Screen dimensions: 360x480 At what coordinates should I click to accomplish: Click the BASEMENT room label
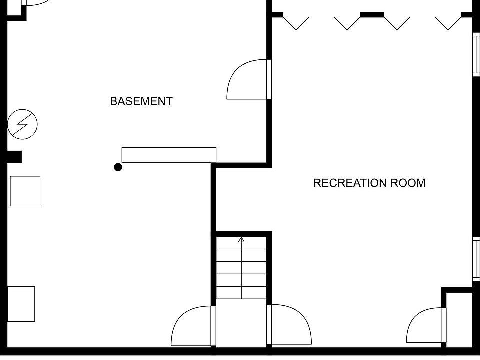point(141,101)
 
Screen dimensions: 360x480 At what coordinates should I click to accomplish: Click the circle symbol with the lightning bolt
point(23,124)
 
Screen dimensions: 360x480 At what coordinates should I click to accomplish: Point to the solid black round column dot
point(118,167)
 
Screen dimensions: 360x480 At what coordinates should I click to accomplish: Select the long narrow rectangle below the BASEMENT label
point(169,155)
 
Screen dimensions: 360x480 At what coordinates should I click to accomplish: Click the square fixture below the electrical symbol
point(25,191)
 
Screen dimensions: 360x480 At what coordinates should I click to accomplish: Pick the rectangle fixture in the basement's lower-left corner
point(21,304)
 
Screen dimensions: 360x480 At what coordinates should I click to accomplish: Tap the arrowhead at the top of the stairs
point(241,240)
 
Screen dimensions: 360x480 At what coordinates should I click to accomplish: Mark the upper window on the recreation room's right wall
point(476,55)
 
